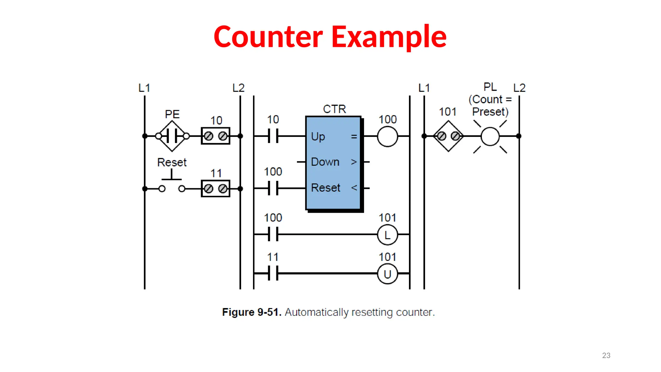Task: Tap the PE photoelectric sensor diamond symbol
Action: click(172, 136)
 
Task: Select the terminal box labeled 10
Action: click(215, 136)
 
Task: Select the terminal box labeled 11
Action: click(215, 189)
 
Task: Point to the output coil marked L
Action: click(387, 235)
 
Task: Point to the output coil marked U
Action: click(387, 274)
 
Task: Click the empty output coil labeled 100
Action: click(387, 136)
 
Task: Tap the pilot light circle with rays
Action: click(490, 136)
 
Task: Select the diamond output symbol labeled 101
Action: click(448, 136)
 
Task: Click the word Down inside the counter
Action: click(325, 162)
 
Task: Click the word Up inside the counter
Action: click(318, 137)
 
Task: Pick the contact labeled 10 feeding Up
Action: click(273, 136)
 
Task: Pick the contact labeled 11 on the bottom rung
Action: click(273, 274)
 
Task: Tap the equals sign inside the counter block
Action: click(354, 137)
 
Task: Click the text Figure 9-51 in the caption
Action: click(252, 312)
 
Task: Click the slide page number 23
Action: click(606, 355)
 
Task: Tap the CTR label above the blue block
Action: click(334, 109)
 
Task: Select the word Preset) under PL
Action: click(490, 112)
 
